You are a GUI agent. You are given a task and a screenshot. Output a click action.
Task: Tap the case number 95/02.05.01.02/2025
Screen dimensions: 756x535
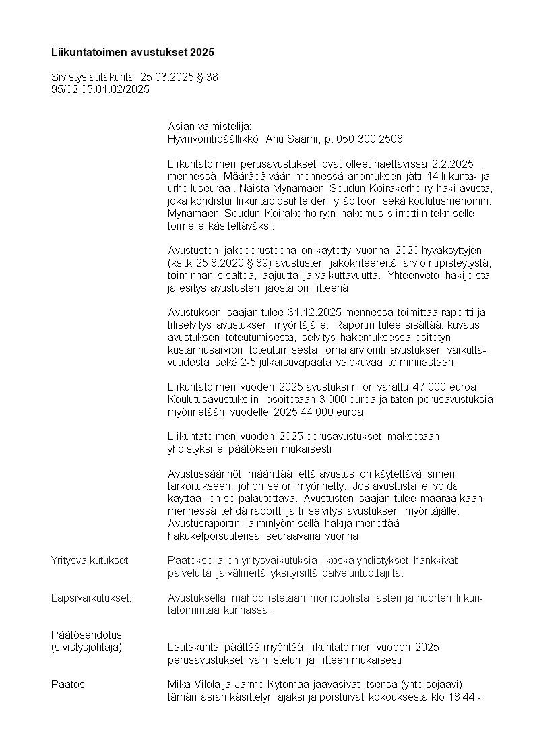tap(100, 88)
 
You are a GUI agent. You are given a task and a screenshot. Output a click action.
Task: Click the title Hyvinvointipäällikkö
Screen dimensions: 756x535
tap(213, 139)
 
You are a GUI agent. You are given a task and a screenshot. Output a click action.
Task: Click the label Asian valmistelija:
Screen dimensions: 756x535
tap(209, 127)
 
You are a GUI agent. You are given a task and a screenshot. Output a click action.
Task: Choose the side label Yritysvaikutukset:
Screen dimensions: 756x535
tap(90, 561)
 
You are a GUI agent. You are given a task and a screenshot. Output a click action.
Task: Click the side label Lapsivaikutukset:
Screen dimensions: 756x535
tap(91, 598)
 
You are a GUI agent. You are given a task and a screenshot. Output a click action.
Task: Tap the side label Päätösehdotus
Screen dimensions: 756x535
tap(86, 635)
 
